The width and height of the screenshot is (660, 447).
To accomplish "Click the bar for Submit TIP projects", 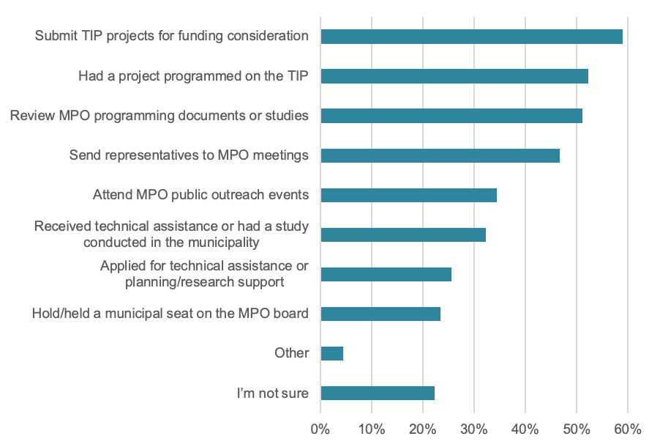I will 471,37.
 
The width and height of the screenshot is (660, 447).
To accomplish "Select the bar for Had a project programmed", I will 454,76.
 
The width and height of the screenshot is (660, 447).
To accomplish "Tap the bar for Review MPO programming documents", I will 451,116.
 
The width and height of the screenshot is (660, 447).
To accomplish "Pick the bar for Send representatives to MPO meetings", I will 440,155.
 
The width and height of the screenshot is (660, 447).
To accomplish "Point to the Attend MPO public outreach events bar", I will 408,195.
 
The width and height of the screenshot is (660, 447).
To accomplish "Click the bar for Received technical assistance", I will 403,234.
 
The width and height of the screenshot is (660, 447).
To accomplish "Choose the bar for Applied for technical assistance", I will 386,274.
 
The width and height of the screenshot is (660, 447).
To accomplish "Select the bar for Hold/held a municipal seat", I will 380,314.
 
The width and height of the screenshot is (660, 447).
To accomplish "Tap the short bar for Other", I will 331,353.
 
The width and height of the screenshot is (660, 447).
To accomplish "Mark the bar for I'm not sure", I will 378,393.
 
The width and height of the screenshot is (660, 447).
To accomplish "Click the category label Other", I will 291,353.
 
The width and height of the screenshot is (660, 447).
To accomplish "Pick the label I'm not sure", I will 272,394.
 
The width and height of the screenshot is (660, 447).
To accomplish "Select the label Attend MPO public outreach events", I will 200,195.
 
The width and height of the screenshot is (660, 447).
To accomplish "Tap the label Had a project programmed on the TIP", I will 193,75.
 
